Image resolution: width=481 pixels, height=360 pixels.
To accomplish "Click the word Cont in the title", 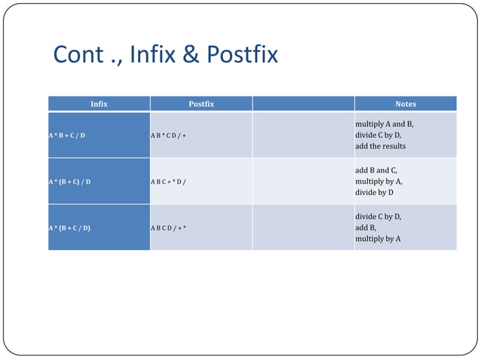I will [x=75, y=55].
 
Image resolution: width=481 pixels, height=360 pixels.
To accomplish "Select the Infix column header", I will [x=99, y=104].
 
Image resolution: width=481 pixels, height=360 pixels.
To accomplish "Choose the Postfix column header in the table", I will [x=201, y=104].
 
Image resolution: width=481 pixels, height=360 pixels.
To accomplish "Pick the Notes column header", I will [x=405, y=104].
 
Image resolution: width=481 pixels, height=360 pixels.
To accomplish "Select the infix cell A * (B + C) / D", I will [x=70, y=182].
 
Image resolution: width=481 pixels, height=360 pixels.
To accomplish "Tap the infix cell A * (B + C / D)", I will [x=70, y=227].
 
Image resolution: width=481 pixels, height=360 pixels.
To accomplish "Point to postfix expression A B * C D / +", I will [x=168, y=135].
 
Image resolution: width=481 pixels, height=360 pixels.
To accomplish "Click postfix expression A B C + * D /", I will [x=168, y=182].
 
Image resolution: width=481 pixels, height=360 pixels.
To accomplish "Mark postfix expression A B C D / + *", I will [x=168, y=227].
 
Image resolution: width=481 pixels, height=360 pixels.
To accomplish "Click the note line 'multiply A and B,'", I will [x=384, y=124].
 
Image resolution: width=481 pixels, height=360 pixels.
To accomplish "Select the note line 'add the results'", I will [x=381, y=145].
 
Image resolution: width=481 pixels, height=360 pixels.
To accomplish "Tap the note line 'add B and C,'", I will [x=376, y=170].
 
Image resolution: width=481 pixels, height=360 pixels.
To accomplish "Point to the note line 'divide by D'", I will [x=375, y=192].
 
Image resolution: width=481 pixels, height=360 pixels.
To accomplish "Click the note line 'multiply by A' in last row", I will [x=378, y=238].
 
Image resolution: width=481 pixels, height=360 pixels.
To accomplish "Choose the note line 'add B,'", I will [x=366, y=227].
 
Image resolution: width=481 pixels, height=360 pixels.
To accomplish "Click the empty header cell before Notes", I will [x=303, y=104].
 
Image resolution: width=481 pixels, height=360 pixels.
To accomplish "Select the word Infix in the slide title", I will [x=155, y=55].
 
